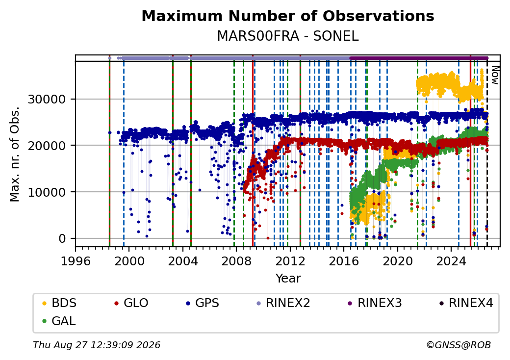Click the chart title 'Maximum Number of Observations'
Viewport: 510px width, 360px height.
(288, 16)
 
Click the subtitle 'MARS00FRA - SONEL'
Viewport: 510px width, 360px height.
(288, 36)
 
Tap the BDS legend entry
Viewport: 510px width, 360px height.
(59, 303)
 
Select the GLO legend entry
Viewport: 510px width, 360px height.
(131, 303)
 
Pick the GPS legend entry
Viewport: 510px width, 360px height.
(203, 303)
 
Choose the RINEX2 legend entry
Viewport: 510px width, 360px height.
(283, 303)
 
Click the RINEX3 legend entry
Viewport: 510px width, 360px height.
(375, 303)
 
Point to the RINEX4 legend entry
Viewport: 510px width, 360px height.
(466, 303)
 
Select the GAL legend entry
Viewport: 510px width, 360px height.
(59, 321)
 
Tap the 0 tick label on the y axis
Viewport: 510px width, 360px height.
(62, 239)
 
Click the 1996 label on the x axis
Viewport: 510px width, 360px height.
(76, 261)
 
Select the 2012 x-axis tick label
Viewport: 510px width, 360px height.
(290, 261)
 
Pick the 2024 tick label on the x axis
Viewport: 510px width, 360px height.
(451, 261)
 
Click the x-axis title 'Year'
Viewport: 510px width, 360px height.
(288, 279)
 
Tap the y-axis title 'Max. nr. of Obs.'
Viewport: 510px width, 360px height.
(15, 154)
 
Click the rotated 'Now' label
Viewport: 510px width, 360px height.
(495, 75)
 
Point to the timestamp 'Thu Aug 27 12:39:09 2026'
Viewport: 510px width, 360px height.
(97, 345)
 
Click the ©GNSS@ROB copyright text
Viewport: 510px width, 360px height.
(459, 345)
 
